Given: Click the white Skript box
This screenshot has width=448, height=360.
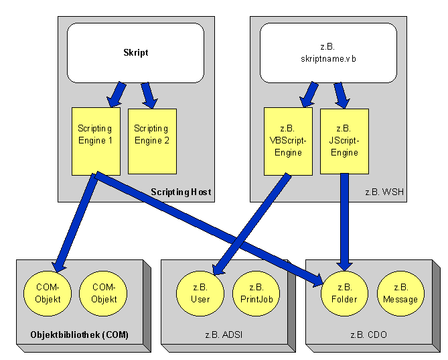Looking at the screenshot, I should click(135, 53).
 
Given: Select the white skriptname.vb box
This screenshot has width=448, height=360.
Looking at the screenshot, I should click(328, 53).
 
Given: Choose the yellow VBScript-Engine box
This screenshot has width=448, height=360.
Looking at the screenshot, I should click(288, 140).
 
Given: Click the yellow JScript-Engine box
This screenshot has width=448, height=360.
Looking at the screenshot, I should click(344, 140).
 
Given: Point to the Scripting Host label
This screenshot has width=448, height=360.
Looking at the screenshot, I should click(181, 192).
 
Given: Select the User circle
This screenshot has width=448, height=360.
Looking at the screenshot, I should click(200, 294).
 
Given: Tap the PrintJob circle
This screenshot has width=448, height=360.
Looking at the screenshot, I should click(256, 294).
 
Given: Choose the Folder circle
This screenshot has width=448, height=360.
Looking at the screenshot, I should click(345, 294).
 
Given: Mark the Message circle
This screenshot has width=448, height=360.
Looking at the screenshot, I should click(400, 294).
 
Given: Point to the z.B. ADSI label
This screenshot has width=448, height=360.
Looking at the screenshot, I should click(223, 334).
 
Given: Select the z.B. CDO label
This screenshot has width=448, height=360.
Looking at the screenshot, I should click(367, 334).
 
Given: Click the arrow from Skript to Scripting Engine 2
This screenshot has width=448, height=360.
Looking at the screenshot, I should click(148, 95).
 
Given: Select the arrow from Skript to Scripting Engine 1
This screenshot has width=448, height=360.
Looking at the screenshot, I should click(115, 95).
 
